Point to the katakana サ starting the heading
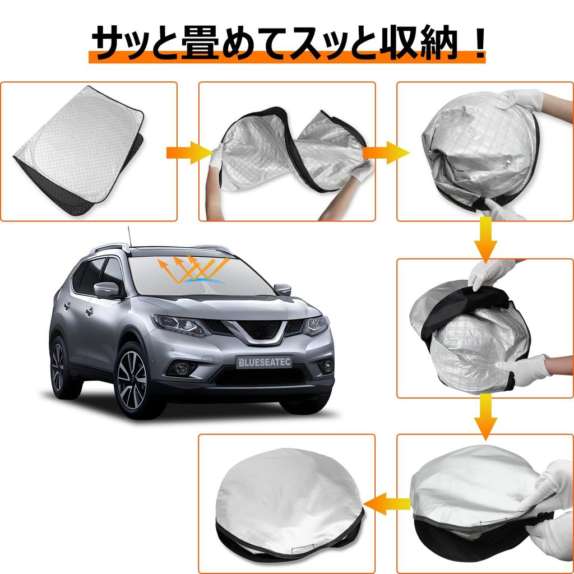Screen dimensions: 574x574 [108, 43]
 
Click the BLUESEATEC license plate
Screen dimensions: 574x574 [263, 362]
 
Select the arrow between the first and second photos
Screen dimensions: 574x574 [188, 152]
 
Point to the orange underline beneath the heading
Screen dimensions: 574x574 [286, 57]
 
